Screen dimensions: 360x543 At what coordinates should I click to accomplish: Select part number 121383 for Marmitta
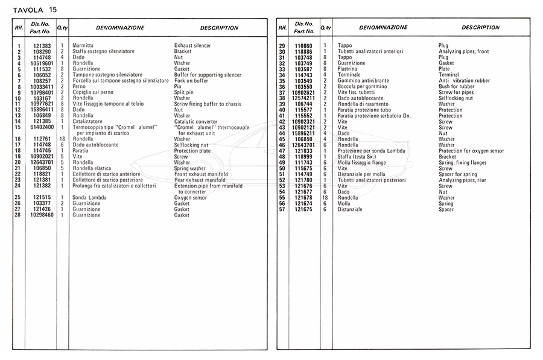click(42, 46)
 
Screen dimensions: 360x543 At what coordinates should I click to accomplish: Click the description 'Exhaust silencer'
click(192, 46)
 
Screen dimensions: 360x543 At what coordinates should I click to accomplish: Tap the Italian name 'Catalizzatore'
click(87, 121)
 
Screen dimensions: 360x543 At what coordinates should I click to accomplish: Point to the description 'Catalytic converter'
click(195, 121)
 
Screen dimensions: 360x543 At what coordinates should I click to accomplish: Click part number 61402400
click(42, 127)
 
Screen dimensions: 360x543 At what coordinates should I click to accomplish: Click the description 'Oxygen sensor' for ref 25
click(191, 197)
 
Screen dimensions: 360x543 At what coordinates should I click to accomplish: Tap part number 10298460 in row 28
click(42, 215)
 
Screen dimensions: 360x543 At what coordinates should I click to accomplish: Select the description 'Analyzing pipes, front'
click(464, 51)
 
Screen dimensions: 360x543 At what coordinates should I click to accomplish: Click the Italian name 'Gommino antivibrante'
click(363, 81)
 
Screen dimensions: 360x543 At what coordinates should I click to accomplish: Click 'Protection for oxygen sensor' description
click(472, 151)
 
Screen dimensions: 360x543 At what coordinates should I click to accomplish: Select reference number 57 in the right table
click(282, 209)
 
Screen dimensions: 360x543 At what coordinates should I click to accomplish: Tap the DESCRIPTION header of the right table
click(480, 28)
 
